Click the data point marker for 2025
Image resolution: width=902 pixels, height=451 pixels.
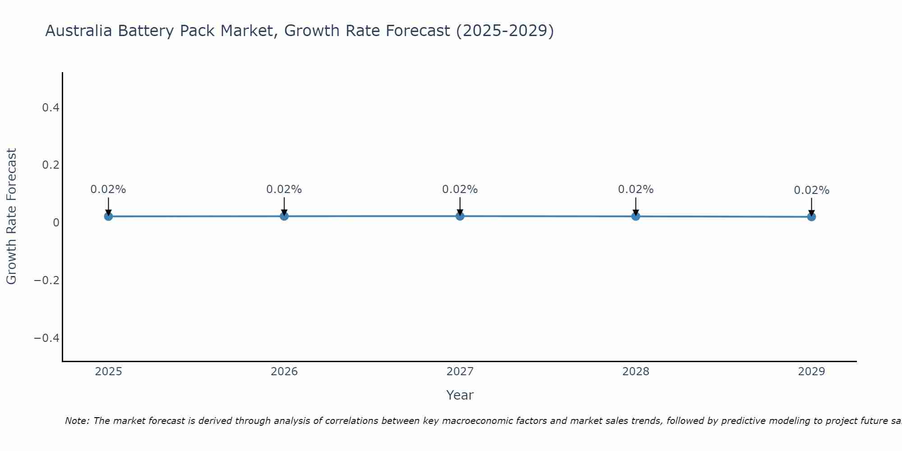108,216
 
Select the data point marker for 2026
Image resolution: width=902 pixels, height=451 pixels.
284,216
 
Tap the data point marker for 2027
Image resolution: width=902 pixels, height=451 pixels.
460,216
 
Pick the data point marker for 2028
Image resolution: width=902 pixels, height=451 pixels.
635,216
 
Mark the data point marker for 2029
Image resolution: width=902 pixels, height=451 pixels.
811,217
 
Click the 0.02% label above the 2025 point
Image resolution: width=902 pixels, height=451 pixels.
108,189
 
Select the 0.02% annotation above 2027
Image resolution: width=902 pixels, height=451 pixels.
460,189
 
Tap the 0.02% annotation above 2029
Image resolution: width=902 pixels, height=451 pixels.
811,190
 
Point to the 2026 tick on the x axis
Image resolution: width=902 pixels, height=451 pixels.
284,372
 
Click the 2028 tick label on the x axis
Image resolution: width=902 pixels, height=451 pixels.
635,372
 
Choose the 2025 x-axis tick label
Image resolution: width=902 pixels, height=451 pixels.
109,372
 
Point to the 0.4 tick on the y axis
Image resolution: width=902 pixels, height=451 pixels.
51,107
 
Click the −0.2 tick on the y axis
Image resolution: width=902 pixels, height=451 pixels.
47,280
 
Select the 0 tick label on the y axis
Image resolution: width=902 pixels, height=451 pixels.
56,222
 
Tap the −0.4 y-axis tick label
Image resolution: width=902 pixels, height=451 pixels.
47,338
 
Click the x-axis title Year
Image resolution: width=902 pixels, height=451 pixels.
460,395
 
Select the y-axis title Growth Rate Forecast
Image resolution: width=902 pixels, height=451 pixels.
11,216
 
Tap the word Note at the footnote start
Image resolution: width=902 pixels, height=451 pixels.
77,421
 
